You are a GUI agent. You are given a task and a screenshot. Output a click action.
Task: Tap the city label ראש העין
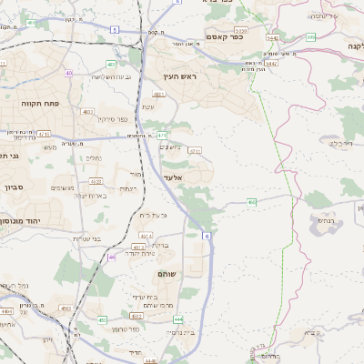(179, 77)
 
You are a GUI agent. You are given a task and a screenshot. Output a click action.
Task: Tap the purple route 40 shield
(69, 72)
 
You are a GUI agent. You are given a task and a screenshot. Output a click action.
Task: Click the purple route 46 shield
(112, 258)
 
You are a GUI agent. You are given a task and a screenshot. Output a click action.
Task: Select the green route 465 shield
(251, 200)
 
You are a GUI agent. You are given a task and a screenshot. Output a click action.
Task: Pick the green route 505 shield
(310, 37)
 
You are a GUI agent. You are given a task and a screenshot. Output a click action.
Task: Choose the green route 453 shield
(102, 320)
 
